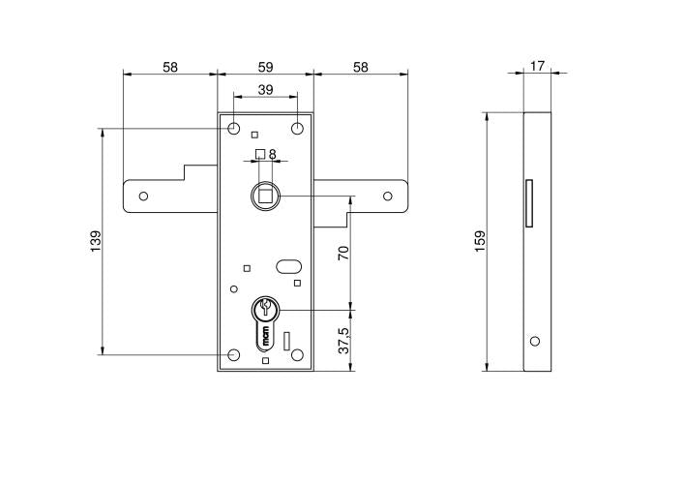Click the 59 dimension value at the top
pos(264,67)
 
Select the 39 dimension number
pos(264,89)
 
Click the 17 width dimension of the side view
pos(537,66)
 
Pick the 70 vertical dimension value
pos(343,254)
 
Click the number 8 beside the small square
pos(273,153)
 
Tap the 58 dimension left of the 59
pos(169,67)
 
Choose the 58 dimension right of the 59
pos(360,67)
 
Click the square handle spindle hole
pos(264,195)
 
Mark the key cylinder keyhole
pos(264,311)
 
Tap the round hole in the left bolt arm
pos(143,196)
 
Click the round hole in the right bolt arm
pos(387,196)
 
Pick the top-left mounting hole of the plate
pos(234,129)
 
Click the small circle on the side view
pos(533,341)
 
